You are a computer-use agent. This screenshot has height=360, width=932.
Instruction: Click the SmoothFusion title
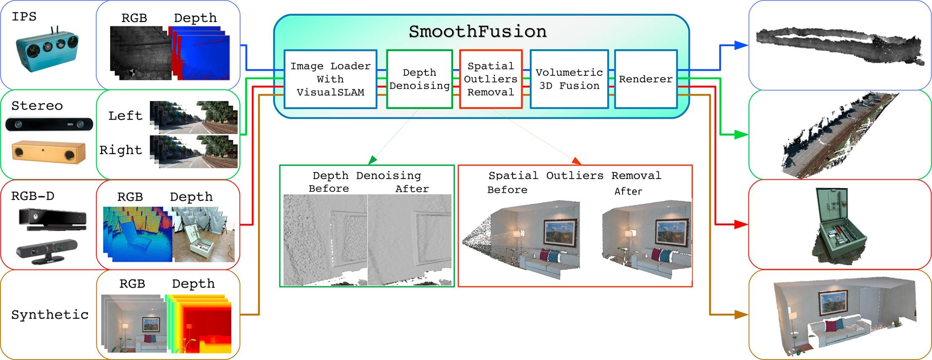[478, 32]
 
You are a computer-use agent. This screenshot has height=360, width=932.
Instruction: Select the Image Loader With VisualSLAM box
[330, 79]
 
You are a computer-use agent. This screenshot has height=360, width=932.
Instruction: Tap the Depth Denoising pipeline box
[419, 79]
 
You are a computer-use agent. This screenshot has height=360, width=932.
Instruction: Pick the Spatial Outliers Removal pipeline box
[491, 79]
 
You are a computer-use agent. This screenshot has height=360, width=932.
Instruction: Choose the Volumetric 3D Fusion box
[569, 79]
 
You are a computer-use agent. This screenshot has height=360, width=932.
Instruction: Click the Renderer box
[646, 79]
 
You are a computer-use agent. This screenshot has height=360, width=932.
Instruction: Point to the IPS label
[24, 17]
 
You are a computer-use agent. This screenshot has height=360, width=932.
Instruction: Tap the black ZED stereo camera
[49, 125]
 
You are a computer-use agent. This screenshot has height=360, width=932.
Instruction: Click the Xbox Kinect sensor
[53, 220]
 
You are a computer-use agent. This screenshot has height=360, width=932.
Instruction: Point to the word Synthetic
[50, 315]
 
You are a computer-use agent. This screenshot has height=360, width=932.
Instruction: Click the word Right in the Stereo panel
[121, 150]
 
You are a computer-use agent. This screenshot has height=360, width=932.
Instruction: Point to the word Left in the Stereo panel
[125, 116]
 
